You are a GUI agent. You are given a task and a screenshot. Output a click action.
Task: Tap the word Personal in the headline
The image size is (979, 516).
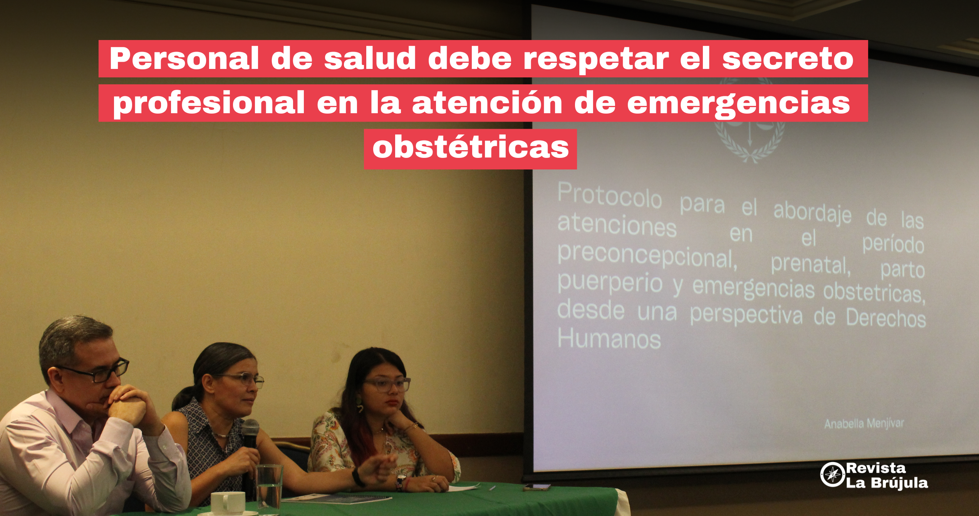184,58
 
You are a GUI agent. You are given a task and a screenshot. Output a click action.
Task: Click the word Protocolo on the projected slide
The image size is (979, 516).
610,196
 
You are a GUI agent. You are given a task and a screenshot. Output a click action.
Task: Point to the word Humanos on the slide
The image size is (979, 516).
609,339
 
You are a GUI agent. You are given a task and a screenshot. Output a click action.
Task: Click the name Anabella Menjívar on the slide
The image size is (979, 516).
864,424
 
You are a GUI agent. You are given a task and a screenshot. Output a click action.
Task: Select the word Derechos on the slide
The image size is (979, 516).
886,318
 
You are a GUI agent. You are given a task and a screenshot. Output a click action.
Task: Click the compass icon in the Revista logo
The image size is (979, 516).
832,474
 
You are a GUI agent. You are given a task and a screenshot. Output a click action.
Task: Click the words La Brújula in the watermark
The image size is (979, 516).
887,483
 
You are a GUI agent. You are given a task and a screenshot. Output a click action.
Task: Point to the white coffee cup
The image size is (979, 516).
228,503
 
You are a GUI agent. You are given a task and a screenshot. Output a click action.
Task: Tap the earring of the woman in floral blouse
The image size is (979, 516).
360,405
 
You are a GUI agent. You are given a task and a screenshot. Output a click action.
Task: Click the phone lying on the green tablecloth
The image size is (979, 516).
537,487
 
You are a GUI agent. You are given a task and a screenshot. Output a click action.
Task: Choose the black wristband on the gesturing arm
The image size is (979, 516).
357,477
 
